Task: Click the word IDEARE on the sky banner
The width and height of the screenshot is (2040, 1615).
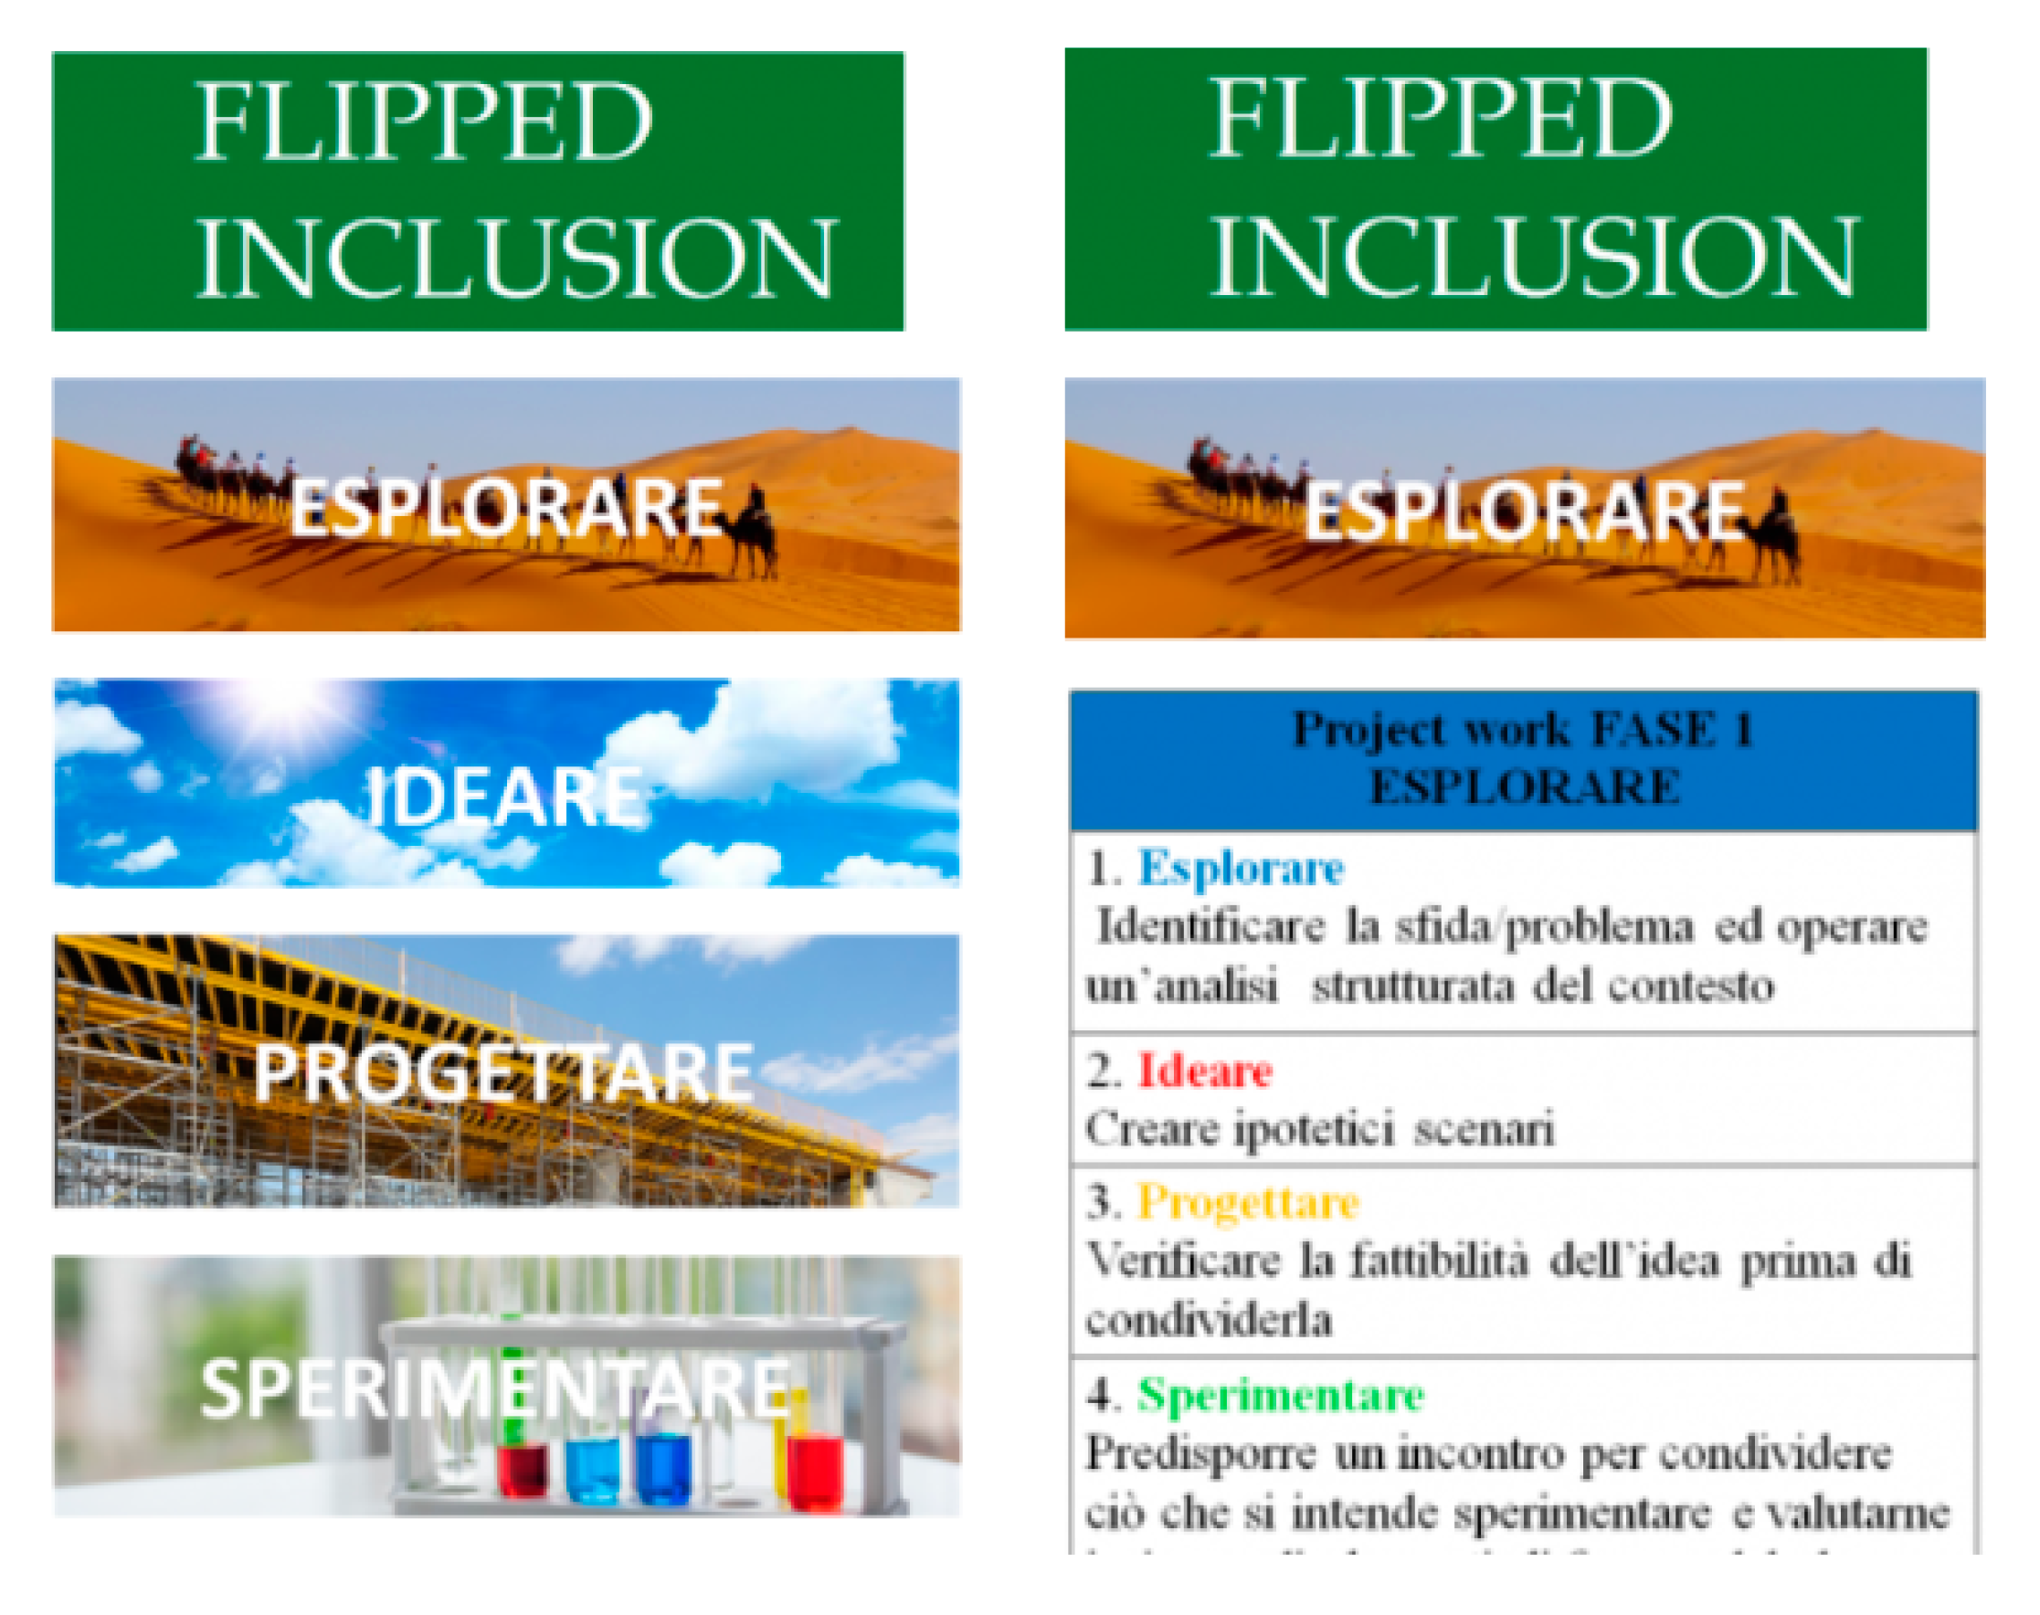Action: [x=504, y=797]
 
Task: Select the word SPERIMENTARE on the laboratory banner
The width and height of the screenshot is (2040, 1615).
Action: [x=494, y=1388]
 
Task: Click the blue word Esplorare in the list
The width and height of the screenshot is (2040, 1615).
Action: [x=1240, y=868]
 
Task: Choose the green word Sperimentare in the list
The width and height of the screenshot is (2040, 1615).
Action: [x=1281, y=1394]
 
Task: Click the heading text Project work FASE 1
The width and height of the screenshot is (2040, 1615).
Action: [x=1522, y=730]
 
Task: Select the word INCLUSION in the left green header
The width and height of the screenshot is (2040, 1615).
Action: [x=515, y=259]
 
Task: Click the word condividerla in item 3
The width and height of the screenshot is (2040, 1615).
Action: [x=1209, y=1320]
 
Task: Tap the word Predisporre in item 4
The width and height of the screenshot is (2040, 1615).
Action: [x=1200, y=1454]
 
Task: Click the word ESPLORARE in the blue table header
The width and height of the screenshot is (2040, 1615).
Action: [x=1525, y=787]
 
